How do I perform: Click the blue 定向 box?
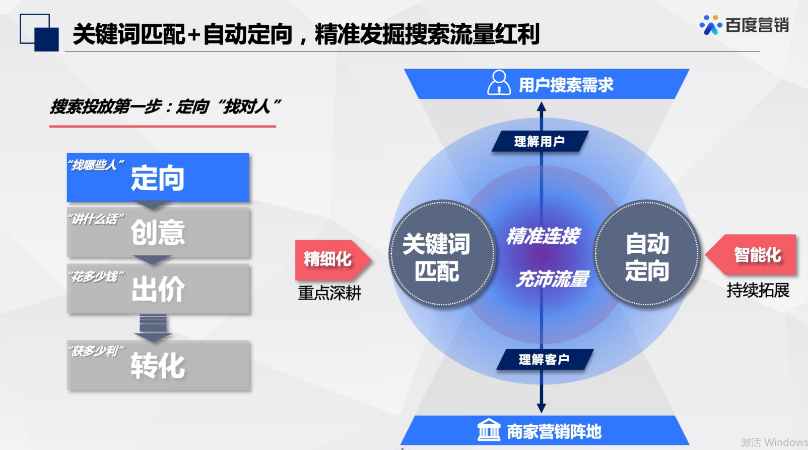point(158,177)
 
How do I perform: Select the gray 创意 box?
point(158,232)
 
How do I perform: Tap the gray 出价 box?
point(158,288)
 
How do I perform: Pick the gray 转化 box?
point(158,365)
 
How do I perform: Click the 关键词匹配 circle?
point(442,254)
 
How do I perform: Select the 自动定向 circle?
point(647,254)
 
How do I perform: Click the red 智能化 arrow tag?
point(751,255)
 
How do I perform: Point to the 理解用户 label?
point(540,141)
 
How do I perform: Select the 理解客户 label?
point(545,359)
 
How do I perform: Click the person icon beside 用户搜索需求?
point(499,83)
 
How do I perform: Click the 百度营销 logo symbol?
point(711,25)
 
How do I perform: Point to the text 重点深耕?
point(329,293)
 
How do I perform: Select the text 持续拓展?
point(758,290)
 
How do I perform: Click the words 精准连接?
point(543,236)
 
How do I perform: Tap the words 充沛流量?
point(553,278)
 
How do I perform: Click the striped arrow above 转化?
point(153,328)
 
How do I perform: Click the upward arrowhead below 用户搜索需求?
point(542,106)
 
